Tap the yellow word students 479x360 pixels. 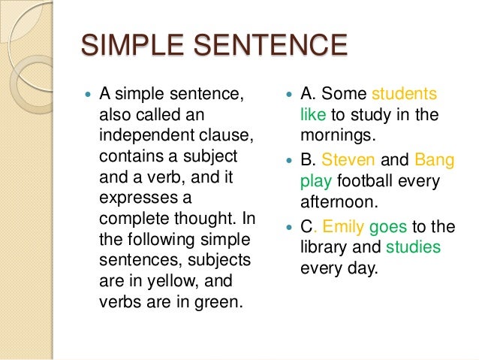point(404,94)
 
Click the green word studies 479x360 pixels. point(413,247)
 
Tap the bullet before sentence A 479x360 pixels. point(289,95)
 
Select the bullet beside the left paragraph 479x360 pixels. point(88,95)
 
